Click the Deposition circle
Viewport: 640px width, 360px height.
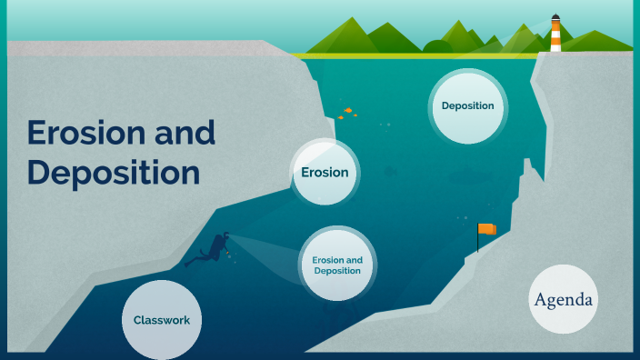[467, 106]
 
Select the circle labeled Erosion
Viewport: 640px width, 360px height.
[325, 173]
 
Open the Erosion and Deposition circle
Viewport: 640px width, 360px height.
[337, 265]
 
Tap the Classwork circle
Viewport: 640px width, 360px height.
[161, 320]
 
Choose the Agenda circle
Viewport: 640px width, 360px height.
[564, 300]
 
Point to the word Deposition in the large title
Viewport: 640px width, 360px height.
[113, 172]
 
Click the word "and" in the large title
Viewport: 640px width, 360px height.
[185, 134]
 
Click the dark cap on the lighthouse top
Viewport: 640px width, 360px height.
[555, 16]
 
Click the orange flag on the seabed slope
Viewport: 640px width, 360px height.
[488, 229]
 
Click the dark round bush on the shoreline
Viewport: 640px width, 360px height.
[438, 47]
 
